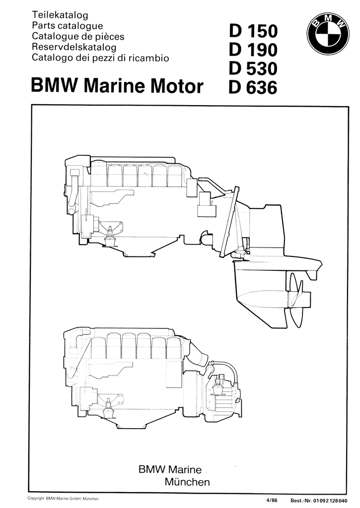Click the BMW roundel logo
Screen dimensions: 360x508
[x=328, y=34]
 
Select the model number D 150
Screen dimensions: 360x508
[x=253, y=31]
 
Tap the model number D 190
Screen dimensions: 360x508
[x=253, y=50]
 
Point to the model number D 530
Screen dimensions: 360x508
[x=253, y=68]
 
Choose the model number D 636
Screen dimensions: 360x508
[x=253, y=87]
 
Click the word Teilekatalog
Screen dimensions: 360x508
[x=60, y=15]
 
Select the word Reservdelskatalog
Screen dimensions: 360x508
[x=74, y=47]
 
